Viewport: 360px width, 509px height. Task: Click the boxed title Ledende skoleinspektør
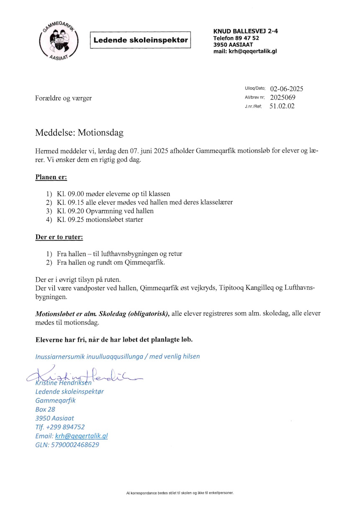[x=140, y=40]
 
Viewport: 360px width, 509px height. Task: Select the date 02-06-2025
[x=287, y=89]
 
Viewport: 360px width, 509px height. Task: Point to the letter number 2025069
[x=283, y=98]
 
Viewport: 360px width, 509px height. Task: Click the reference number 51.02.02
[x=282, y=106]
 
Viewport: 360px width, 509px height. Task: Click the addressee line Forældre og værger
[x=63, y=98]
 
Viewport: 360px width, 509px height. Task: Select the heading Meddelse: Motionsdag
[x=79, y=133]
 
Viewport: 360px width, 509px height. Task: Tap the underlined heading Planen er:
[x=51, y=177]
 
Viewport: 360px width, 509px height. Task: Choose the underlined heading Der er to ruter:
[x=59, y=237]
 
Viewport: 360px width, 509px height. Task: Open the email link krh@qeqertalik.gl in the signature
[x=81, y=436]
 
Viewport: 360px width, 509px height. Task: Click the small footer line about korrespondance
[x=180, y=493]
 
